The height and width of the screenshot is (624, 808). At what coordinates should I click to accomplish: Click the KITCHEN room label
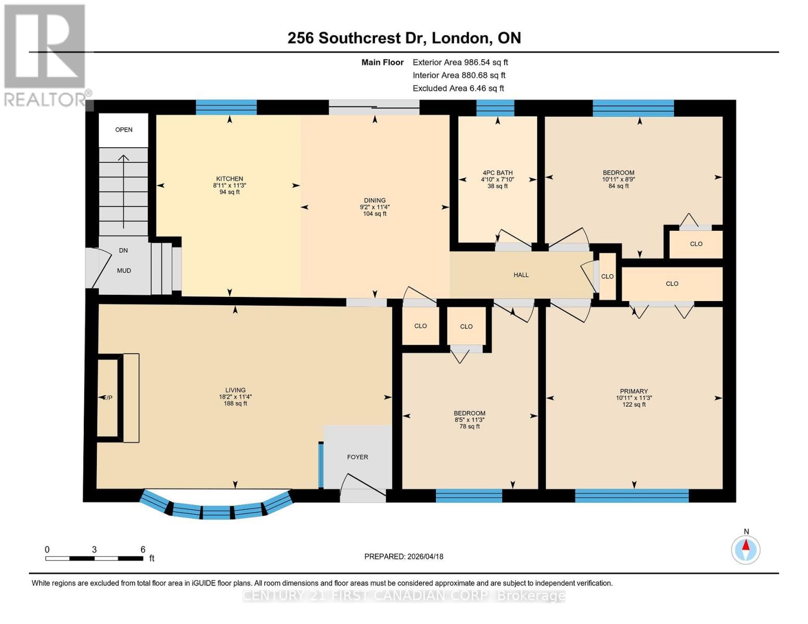coord(229,179)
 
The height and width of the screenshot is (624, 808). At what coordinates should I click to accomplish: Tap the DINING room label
coord(375,201)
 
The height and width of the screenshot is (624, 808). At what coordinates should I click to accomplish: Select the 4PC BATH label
coord(497,173)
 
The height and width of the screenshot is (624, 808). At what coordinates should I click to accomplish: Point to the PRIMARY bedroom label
coord(634,392)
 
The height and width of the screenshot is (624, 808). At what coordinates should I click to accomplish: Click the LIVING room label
coord(235,391)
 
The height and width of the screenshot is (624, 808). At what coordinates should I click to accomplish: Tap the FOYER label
coord(357,457)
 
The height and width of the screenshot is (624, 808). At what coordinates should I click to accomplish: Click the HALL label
coord(521,275)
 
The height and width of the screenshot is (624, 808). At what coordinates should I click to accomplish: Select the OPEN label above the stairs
coord(124,130)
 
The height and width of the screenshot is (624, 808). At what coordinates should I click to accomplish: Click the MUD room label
coord(124,271)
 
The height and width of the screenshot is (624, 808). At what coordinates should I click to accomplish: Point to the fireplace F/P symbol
coord(107,398)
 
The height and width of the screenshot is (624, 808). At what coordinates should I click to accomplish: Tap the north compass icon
coord(746,549)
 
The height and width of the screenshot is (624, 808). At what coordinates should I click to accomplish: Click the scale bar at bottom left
coord(94,558)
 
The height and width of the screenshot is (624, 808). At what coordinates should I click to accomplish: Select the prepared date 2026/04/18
coord(404,556)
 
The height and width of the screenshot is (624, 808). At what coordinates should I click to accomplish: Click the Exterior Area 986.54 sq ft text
coord(460,62)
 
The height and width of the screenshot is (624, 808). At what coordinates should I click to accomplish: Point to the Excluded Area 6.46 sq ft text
coord(458,88)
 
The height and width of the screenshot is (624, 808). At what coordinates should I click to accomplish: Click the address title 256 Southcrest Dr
coord(404,38)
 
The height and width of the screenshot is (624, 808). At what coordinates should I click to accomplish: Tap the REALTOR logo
coord(46,55)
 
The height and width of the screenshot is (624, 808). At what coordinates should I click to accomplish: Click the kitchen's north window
coord(226,107)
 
